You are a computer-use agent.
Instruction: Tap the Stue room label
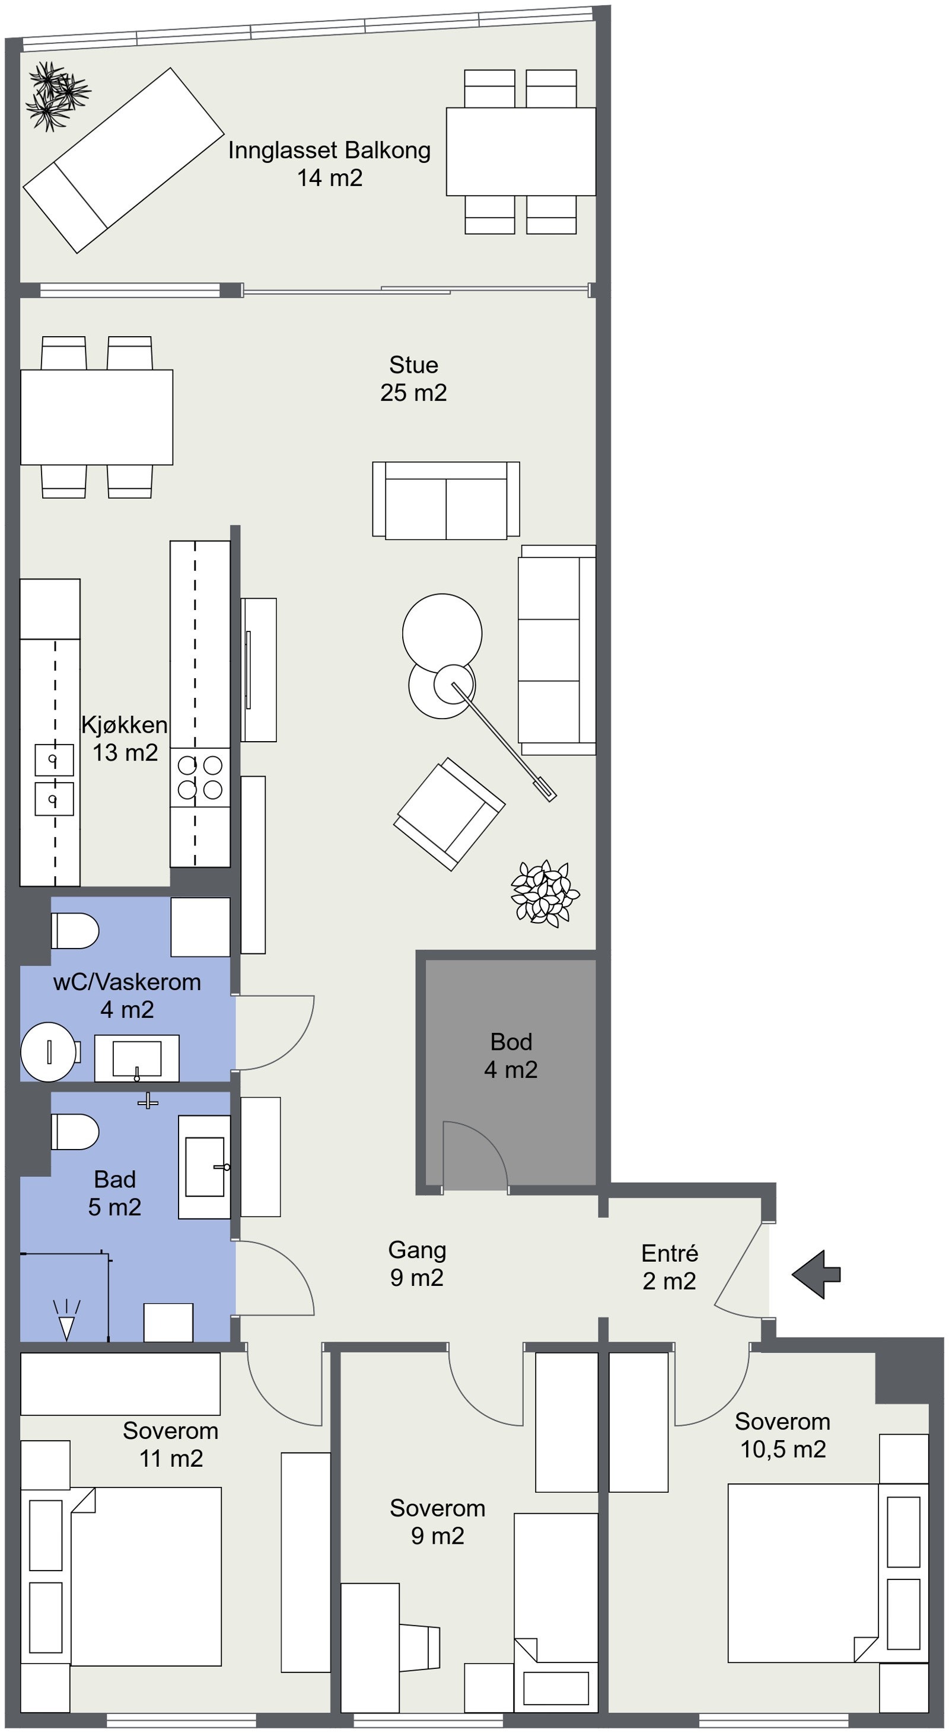(x=413, y=379)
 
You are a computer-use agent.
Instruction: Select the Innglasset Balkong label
(x=329, y=164)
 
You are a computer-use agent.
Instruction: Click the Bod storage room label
(x=511, y=1055)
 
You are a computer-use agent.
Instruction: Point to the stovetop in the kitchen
(x=200, y=777)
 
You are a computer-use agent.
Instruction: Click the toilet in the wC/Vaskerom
(x=75, y=931)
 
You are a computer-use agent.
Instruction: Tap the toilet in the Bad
(x=75, y=1132)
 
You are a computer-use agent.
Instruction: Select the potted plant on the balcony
(x=56, y=96)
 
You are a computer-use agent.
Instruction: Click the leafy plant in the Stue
(x=544, y=893)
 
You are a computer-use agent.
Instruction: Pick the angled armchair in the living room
(x=449, y=814)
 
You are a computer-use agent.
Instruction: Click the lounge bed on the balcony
(x=123, y=160)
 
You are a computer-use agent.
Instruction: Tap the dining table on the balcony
(x=521, y=151)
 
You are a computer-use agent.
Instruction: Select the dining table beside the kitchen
(x=97, y=417)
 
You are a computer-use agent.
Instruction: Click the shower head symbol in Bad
(x=66, y=1320)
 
